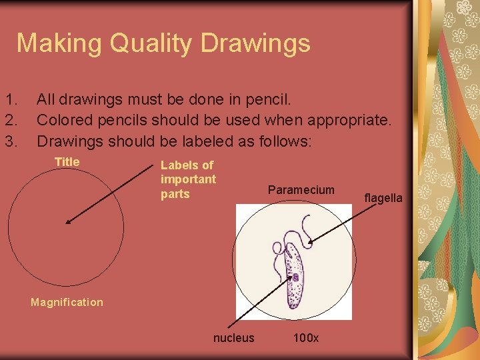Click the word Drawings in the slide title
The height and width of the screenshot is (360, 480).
pyautogui.click(x=256, y=44)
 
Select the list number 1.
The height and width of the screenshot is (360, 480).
pyautogui.click(x=10, y=101)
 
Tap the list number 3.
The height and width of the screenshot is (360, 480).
pyautogui.click(x=10, y=141)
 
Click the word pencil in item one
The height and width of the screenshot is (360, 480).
pyautogui.click(x=267, y=101)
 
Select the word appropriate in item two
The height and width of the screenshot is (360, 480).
pyautogui.click(x=347, y=121)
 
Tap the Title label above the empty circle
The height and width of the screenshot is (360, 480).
pyautogui.click(x=67, y=162)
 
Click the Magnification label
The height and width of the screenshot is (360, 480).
pyautogui.click(x=67, y=303)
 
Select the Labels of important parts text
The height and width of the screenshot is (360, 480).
pyautogui.click(x=188, y=179)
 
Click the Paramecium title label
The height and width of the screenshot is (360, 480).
pyautogui.click(x=301, y=190)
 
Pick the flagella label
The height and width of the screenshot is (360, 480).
pyautogui.click(x=383, y=198)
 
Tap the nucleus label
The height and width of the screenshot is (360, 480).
pyautogui.click(x=233, y=338)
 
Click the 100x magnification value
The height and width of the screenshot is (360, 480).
pyautogui.click(x=306, y=338)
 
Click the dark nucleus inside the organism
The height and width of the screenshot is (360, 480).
pyautogui.click(x=294, y=277)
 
